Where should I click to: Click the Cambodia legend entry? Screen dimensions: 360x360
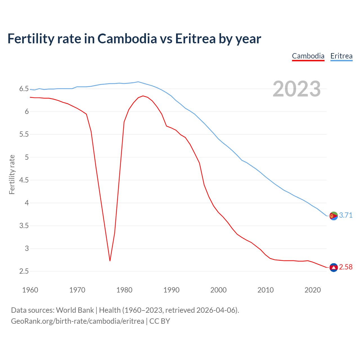[308, 56]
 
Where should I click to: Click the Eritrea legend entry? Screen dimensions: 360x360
[341, 56]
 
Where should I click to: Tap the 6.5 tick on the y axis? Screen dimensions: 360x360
[24, 89]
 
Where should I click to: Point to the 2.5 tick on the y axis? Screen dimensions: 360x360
[24, 271]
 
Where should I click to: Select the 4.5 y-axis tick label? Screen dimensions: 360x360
[24, 180]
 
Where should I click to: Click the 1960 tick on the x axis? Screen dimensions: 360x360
[30, 290]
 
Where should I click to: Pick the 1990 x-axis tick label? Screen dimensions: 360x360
[171, 290]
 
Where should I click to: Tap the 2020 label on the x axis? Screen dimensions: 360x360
[312, 290]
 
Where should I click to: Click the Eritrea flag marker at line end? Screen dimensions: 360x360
[333, 216]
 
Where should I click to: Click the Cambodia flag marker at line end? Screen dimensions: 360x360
[333, 267]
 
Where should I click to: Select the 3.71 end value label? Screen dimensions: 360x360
[346, 215]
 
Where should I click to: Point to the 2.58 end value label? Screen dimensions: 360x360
[346, 267]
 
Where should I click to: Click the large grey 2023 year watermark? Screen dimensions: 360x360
[296, 89]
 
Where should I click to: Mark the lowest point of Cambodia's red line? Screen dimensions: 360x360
[110, 261]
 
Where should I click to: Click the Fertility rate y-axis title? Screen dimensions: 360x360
[12, 174]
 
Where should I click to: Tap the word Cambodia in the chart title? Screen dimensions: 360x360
[127, 39]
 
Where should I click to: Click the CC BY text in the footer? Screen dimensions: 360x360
[159, 321]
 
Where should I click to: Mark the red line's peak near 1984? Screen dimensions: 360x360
[143, 96]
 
